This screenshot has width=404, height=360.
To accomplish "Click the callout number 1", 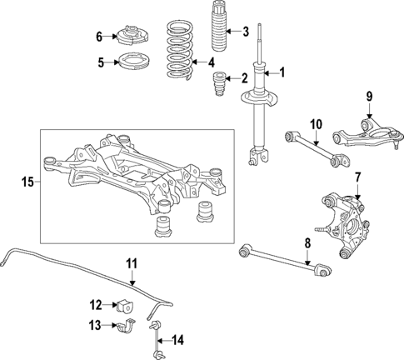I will click(x=282, y=72).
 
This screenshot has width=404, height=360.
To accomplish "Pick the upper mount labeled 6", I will click(x=132, y=37).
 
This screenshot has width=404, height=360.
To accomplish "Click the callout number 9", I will click(x=369, y=97).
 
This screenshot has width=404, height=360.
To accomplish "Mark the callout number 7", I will click(x=357, y=177).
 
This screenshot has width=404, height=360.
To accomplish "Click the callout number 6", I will click(x=99, y=37).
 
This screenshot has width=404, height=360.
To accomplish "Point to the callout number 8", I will click(x=307, y=242).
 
